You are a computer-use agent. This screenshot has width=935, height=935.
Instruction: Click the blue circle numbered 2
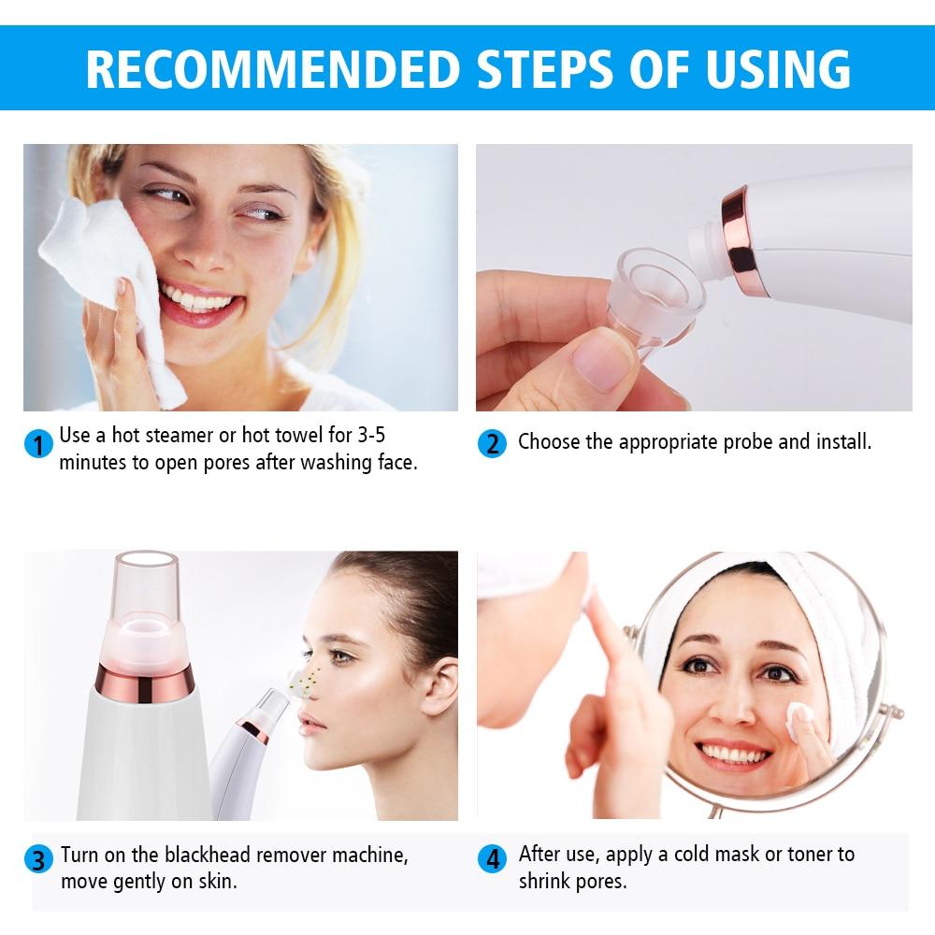[x=492, y=442]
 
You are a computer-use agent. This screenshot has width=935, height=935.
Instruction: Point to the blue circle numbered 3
[x=37, y=859]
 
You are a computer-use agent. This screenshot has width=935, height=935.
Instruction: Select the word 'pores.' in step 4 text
[x=597, y=881]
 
